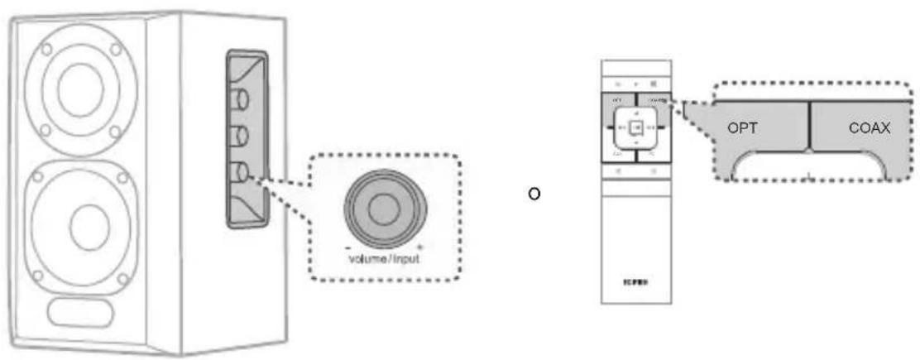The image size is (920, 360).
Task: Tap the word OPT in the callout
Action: pyautogui.click(x=743, y=129)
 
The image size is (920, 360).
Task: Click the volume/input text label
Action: pyautogui.click(x=382, y=257)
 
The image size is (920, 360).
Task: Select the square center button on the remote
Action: pyautogui.click(x=635, y=127)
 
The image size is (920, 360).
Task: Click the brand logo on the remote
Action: pyautogui.click(x=635, y=281)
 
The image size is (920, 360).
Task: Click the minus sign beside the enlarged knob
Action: pyautogui.click(x=348, y=247)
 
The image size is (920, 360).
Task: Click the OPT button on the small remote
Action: pyautogui.click(x=618, y=99)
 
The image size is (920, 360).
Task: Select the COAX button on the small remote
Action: pyautogui.click(x=655, y=99)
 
